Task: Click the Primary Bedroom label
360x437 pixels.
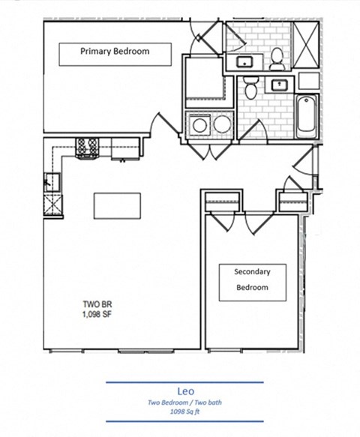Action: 115,52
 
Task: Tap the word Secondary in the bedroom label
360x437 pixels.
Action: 252,271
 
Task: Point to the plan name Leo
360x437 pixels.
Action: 185,390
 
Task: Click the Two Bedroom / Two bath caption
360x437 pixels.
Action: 184,403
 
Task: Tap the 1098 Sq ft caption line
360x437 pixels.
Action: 184,412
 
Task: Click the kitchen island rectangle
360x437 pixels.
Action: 117,205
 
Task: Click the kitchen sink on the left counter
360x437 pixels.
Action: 51,180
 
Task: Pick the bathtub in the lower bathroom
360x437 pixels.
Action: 307,116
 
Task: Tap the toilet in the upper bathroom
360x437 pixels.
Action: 276,55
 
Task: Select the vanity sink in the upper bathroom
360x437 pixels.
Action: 244,61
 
